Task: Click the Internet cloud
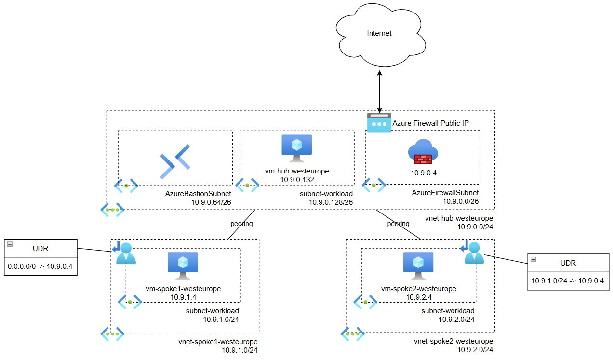click(379, 34)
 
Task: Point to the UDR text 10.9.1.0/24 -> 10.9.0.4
click(567, 280)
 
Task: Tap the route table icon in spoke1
click(125, 253)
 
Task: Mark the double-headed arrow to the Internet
click(380, 92)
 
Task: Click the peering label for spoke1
click(241, 224)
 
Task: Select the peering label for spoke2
click(398, 224)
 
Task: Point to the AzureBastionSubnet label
click(198, 193)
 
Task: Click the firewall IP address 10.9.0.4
click(423, 172)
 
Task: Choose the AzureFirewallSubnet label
click(445, 193)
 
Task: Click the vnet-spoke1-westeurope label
click(218, 342)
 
